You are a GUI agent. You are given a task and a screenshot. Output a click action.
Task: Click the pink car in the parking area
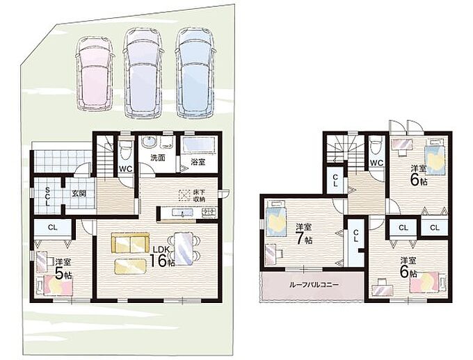coord(95,73)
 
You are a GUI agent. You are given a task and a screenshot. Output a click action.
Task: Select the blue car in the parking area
coord(196,73)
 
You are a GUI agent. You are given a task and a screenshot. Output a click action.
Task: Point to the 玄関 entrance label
coord(79,193)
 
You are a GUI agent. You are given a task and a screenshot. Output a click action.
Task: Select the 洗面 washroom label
coord(157,158)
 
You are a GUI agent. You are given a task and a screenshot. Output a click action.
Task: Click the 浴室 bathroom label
coord(198,162)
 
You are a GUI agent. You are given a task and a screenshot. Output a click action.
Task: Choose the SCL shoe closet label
coord(47,196)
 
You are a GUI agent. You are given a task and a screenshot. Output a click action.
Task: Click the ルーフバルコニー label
coord(314,285)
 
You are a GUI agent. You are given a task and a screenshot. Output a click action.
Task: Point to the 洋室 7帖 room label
coord(304,234)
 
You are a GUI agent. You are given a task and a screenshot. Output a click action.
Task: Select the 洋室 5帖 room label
coord(63,268)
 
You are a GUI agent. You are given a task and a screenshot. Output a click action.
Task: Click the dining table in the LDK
coord(184,248)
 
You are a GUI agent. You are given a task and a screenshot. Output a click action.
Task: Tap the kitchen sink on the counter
coord(182,213)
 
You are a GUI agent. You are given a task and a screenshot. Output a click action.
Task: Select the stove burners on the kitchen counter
coord(209,212)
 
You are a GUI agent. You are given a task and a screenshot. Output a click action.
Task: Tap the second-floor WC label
coord(376,163)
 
